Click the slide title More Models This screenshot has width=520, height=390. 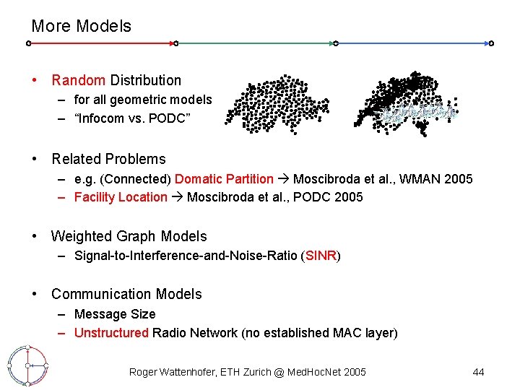(81, 26)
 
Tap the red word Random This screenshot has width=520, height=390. (79, 80)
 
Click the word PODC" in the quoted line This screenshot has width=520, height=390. (170, 118)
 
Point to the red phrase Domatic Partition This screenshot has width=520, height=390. (224, 178)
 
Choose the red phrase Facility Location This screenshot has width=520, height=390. (121, 197)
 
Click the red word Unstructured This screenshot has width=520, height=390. (111, 333)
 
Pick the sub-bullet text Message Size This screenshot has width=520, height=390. (115, 314)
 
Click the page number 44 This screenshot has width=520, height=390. (478, 372)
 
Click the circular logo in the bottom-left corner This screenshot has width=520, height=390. (27, 365)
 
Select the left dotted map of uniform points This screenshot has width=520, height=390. (277, 103)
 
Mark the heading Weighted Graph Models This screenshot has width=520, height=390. (129, 236)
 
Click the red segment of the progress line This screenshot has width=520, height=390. (101, 43)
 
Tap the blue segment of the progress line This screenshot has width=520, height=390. (412, 43)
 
